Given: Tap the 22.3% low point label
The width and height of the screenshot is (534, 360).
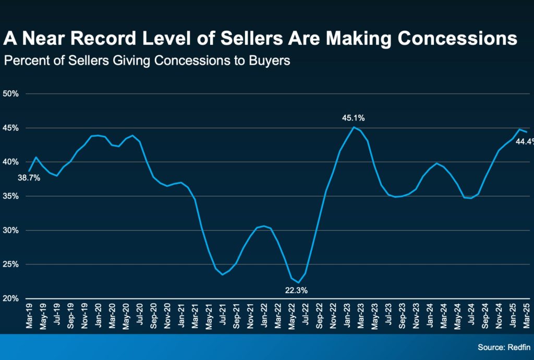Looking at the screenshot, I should [295, 291].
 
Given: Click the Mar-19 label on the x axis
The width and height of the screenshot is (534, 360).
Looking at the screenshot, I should [29, 317].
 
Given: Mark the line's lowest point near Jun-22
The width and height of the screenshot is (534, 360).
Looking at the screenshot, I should [298, 283].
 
